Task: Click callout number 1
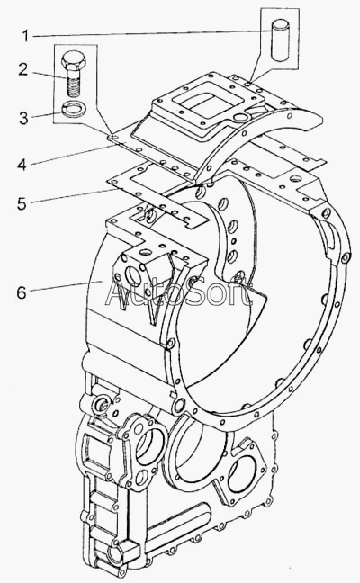[25, 36]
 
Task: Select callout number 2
[23, 69]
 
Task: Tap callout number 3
[23, 118]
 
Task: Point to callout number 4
[22, 164]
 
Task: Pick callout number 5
[22, 203]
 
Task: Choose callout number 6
[22, 292]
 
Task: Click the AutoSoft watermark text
[178, 292]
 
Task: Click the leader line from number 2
[49, 75]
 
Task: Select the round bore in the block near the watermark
[132, 275]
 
